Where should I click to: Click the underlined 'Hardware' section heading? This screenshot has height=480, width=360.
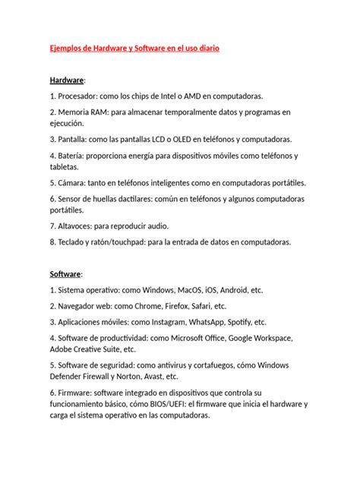tap(68, 80)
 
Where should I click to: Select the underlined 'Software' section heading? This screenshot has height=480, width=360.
tap(66, 273)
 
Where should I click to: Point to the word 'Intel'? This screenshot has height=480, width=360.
tap(165, 96)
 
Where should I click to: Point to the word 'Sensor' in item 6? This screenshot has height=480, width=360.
tap(73, 199)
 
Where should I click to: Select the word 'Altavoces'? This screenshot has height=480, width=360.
tap(80, 226)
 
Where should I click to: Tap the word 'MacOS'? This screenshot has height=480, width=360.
tap(193, 290)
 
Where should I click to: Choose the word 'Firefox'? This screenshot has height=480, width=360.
tap(178, 306)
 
